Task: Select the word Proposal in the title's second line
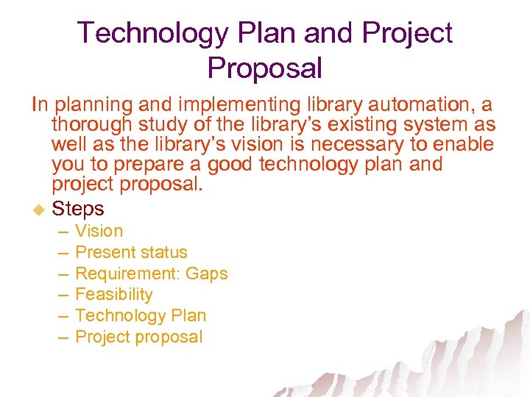coord(265,68)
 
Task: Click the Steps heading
coord(78,209)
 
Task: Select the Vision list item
coord(99,231)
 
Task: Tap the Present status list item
coord(131,252)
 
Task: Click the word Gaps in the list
coord(206,273)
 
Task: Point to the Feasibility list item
coord(114,295)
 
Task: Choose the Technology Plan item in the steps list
coord(141,316)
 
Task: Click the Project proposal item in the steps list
coord(138,337)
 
